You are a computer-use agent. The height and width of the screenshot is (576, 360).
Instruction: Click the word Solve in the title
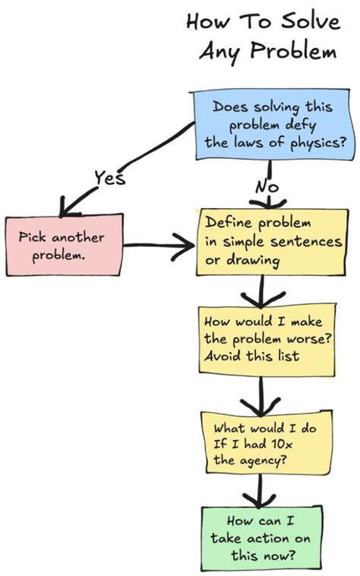coord(309,21)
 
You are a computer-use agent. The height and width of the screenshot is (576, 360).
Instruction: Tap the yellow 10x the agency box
coord(265,445)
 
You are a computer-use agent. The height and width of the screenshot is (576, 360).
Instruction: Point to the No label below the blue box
coord(267,185)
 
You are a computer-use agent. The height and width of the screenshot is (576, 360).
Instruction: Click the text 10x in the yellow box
coord(291,445)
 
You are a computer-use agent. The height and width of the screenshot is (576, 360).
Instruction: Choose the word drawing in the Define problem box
coord(254,261)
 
